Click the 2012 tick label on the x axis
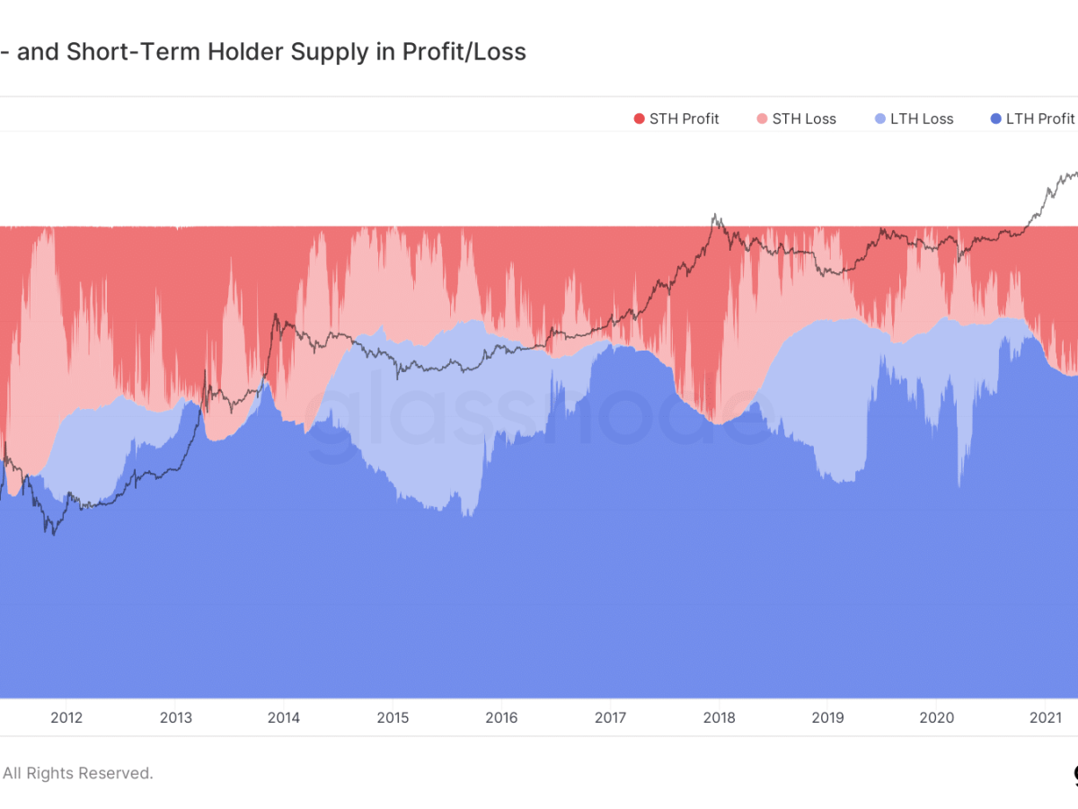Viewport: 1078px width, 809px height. click(66, 717)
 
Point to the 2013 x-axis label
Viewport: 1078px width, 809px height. click(175, 717)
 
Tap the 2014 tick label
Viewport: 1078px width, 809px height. click(284, 717)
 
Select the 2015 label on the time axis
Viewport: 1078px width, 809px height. click(393, 717)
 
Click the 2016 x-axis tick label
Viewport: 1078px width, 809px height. click(501, 717)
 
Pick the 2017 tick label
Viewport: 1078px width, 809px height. click(610, 717)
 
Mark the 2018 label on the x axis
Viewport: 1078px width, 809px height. click(719, 717)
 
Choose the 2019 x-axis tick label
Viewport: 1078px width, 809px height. click(827, 717)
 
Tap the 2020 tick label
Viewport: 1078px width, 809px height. click(936, 717)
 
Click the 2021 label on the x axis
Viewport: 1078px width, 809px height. click(1045, 717)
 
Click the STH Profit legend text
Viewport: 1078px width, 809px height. click(684, 119)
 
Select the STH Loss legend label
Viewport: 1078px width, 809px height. click(804, 119)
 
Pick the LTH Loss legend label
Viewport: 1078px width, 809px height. click(922, 119)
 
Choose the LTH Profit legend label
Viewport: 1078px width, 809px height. click(1040, 119)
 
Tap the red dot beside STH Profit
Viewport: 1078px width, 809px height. click(640, 119)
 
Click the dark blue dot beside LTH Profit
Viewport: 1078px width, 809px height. click(994, 119)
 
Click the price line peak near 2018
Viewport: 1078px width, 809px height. click(715, 215)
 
